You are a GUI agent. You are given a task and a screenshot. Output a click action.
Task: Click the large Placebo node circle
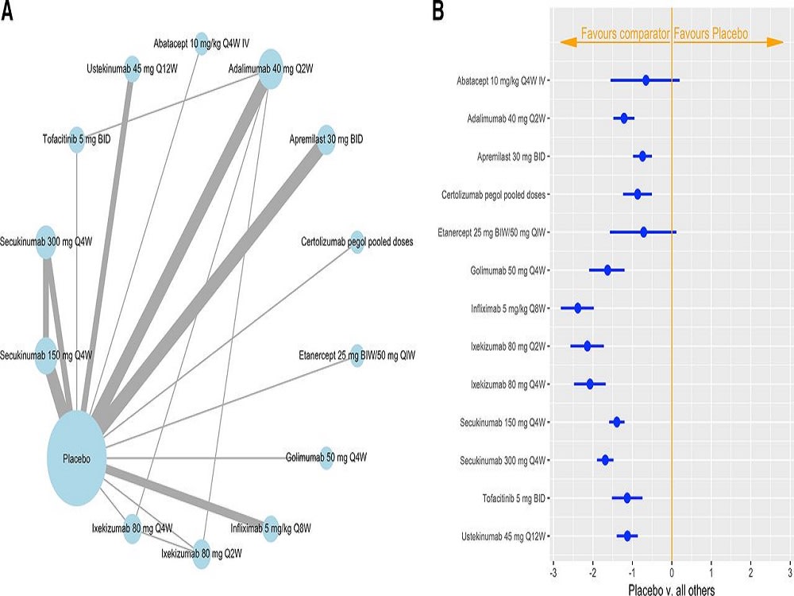(77, 459)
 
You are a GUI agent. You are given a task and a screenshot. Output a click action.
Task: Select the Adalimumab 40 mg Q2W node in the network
(271, 68)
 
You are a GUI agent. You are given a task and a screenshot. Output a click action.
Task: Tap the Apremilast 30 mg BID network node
(326, 138)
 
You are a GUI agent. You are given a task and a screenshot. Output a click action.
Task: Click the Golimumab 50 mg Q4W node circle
(326, 457)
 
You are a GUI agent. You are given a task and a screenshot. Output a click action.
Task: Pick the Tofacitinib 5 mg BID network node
(77, 139)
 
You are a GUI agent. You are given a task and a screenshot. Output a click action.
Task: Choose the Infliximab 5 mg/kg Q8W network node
(272, 528)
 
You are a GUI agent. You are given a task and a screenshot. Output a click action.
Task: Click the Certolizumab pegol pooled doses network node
(357, 242)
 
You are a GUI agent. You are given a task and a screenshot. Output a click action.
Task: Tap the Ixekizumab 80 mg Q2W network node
(201, 552)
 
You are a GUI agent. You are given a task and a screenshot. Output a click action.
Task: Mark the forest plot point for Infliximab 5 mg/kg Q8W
(578, 308)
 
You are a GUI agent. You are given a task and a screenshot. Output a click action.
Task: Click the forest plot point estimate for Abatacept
(646, 80)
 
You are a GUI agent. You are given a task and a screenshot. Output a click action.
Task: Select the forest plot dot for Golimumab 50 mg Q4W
(608, 270)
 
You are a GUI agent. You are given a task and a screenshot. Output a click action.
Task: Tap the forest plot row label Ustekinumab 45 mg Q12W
(503, 536)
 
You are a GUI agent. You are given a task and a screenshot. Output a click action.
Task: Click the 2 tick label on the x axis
(751, 571)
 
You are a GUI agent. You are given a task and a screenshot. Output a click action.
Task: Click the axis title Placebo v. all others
(672, 589)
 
